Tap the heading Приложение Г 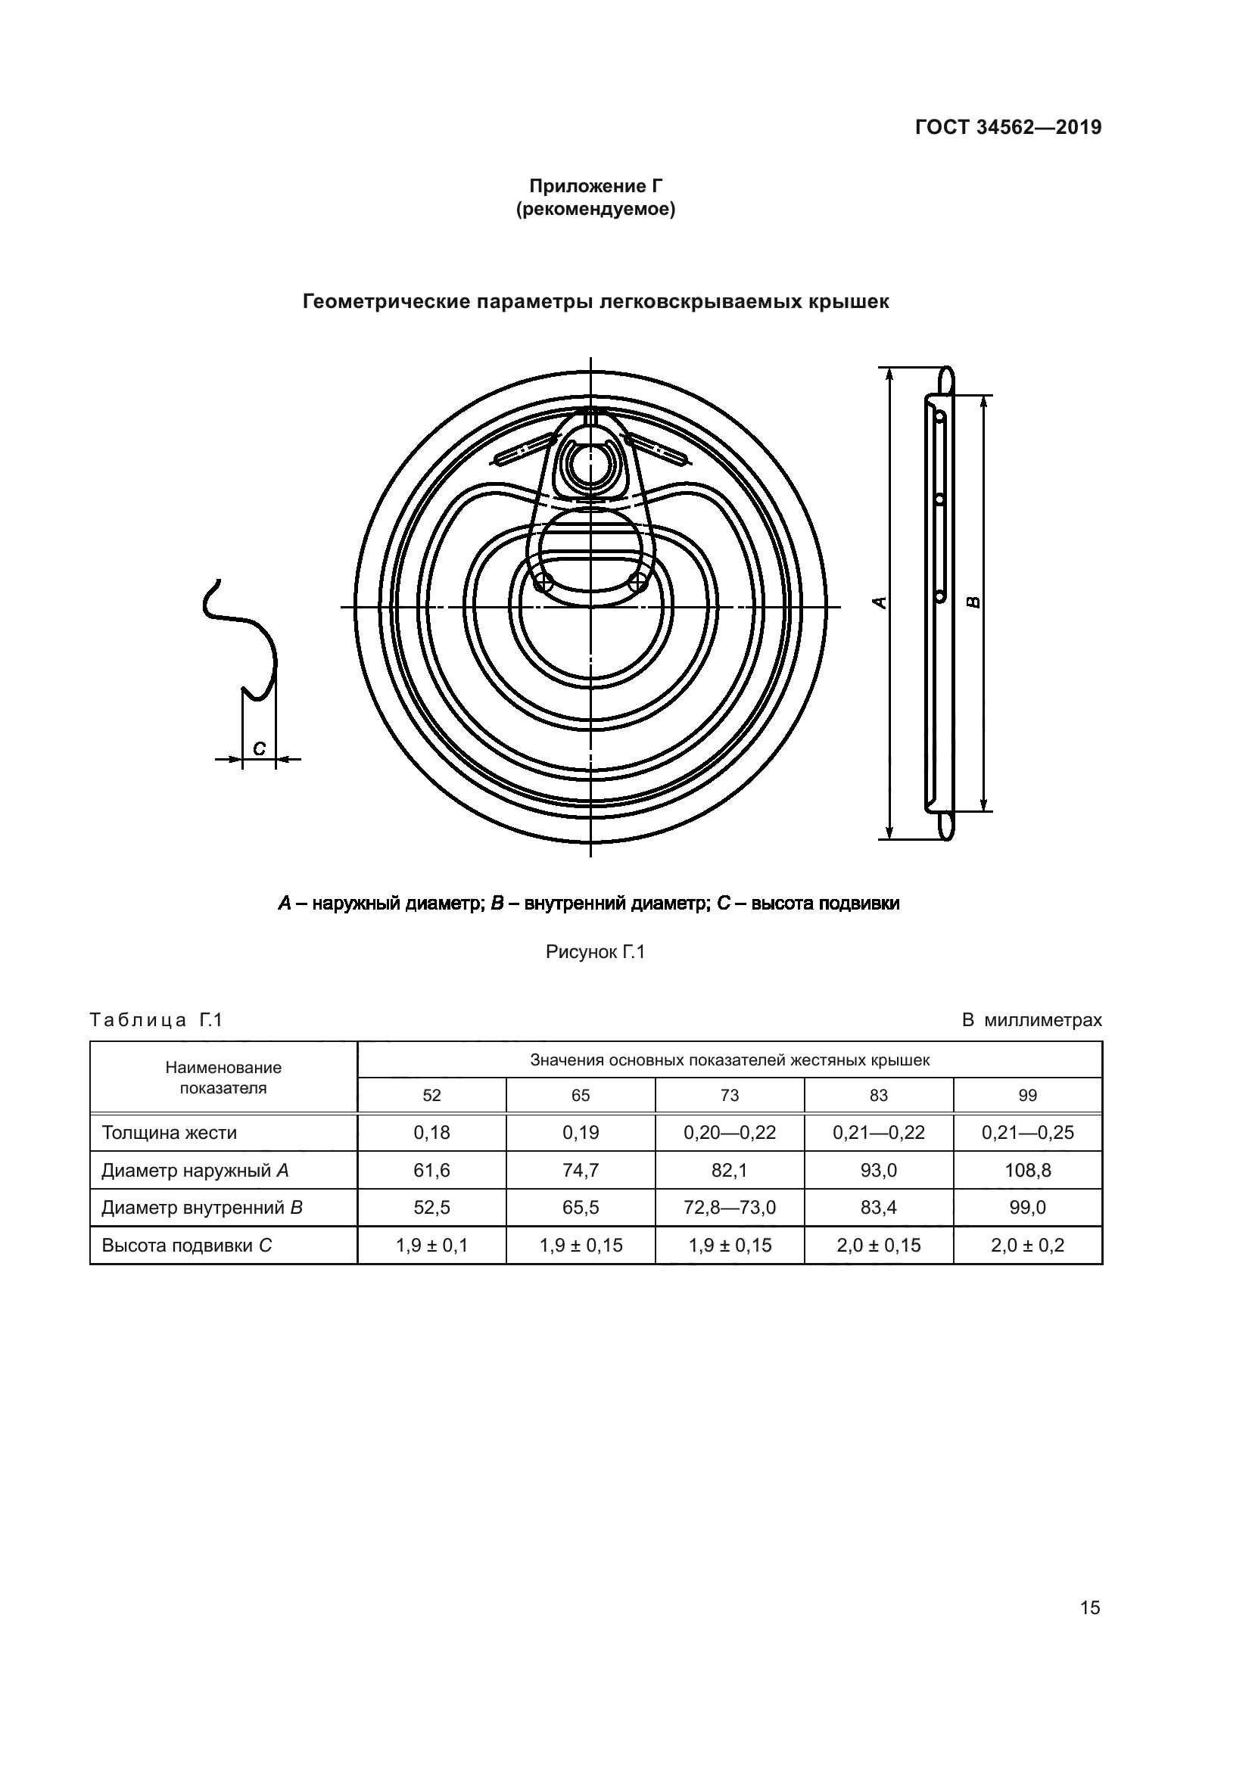point(595,186)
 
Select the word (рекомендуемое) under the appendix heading point(595,209)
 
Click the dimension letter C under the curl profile point(259,748)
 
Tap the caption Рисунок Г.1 point(595,952)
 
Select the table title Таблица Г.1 point(157,1020)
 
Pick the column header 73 point(729,1095)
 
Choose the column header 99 point(1028,1095)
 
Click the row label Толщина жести point(170,1133)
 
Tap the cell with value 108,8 point(1028,1170)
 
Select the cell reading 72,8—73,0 point(729,1207)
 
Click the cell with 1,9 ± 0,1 point(431,1245)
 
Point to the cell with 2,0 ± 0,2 point(1028,1245)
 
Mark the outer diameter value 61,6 point(431,1170)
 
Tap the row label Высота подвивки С point(186,1245)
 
